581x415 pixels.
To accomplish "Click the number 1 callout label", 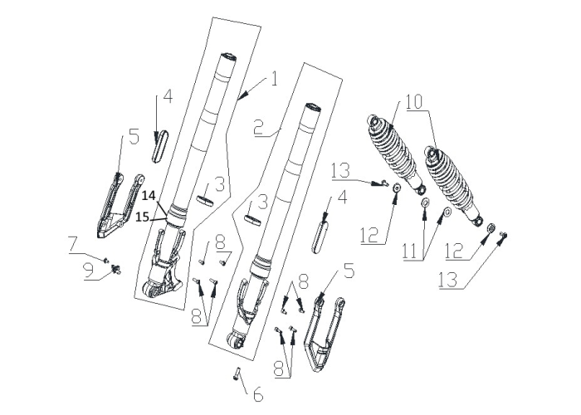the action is (x=274, y=79).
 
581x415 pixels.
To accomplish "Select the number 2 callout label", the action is (x=259, y=128).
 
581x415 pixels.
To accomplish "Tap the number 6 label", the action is (x=258, y=394).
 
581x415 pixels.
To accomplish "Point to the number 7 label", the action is (x=73, y=244).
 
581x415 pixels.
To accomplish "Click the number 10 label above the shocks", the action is (x=414, y=102).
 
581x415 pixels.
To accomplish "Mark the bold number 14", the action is (x=149, y=195).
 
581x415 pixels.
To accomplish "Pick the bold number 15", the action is (x=142, y=217).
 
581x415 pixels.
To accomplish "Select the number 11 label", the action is (x=410, y=252).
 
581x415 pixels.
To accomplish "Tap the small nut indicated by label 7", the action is (x=106, y=261).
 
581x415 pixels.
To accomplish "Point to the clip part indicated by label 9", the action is (x=117, y=270).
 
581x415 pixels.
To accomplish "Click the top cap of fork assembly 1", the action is (x=228, y=57).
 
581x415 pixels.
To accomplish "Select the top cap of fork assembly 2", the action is (x=313, y=107).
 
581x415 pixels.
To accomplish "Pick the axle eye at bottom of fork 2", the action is (x=235, y=339).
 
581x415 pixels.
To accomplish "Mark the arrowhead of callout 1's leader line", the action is (x=241, y=97).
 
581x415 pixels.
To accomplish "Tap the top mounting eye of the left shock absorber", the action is (x=373, y=121).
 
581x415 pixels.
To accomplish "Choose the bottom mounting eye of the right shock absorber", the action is (x=477, y=221).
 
